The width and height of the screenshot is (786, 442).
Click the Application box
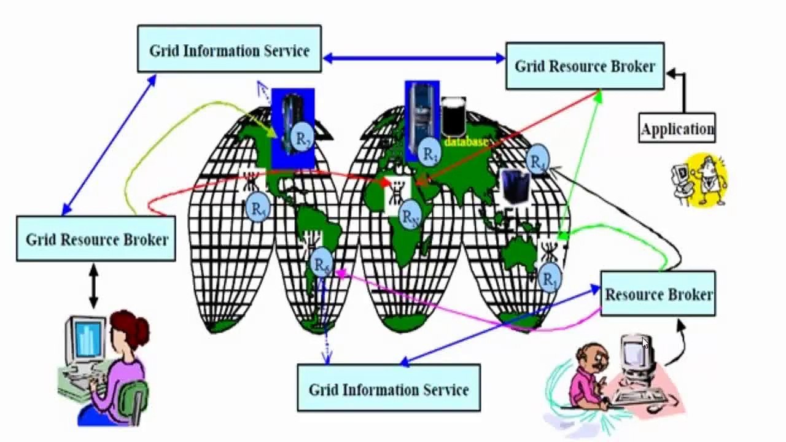677,128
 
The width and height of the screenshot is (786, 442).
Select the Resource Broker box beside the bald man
658,294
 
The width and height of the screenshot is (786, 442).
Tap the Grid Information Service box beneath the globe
389,388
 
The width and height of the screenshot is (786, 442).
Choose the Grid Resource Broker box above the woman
96,238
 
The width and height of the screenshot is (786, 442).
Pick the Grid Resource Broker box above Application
585,66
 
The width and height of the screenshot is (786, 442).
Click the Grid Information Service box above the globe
229,49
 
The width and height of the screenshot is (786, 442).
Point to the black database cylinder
453,117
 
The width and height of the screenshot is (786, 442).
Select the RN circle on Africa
410,216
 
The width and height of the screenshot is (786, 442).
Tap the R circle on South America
322,264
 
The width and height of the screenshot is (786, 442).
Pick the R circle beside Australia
550,277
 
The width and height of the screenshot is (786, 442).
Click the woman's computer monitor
85,337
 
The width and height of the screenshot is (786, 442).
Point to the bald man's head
591,355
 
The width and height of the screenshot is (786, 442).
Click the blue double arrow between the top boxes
413,58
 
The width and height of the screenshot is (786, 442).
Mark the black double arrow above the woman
93,285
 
